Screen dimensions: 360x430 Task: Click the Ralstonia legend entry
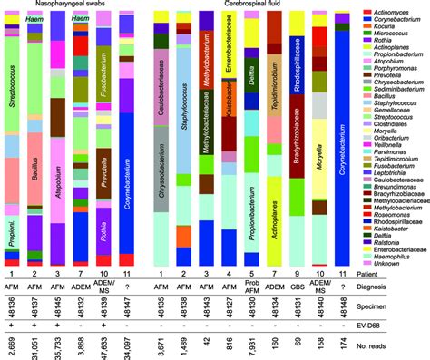389,217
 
